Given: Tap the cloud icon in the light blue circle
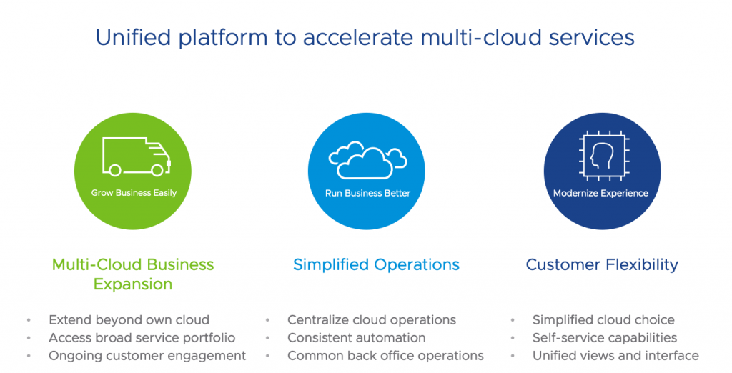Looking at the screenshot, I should pyautogui.click(x=367, y=159).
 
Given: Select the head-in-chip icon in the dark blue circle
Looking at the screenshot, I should pyautogui.click(x=600, y=154).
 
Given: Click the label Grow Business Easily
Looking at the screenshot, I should pyautogui.click(x=134, y=193).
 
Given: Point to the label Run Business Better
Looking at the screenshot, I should pyautogui.click(x=367, y=193).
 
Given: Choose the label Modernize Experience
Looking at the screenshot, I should pyautogui.click(x=600, y=193).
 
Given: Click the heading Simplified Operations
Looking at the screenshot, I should pyautogui.click(x=376, y=264).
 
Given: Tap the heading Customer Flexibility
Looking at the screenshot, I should pyautogui.click(x=602, y=264).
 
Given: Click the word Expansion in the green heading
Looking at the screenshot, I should pyautogui.click(x=133, y=284).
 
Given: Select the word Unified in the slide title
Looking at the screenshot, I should pyautogui.click(x=132, y=37).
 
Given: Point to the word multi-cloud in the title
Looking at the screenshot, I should pyautogui.click(x=461, y=37).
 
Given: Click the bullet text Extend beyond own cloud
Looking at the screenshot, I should pyautogui.click(x=129, y=320).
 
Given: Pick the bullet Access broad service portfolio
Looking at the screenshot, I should pyautogui.click(x=142, y=338).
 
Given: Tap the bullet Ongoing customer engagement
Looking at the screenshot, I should pyautogui.click(x=147, y=356).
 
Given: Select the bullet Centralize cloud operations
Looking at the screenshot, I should pyautogui.click(x=372, y=320).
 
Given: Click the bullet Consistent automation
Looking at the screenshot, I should pyautogui.click(x=356, y=338).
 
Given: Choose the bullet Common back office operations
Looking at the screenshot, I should pyautogui.click(x=385, y=356).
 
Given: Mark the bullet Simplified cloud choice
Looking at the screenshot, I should pyautogui.click(x=603, y=320).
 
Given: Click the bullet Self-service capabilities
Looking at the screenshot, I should pyautogui.click(x=605, y=338).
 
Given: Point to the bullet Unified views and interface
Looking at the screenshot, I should pyautogui.click(x=615, y=356).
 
